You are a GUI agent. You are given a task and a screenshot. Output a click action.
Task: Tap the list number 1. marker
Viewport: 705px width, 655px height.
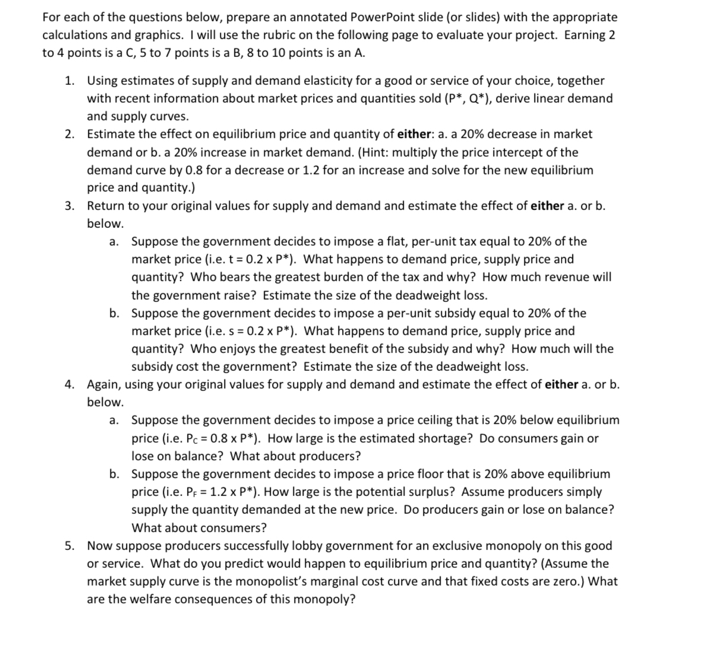click(x=70, y=81)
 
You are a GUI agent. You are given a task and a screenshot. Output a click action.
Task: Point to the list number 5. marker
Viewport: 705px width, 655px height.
click(x=70, y=546)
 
